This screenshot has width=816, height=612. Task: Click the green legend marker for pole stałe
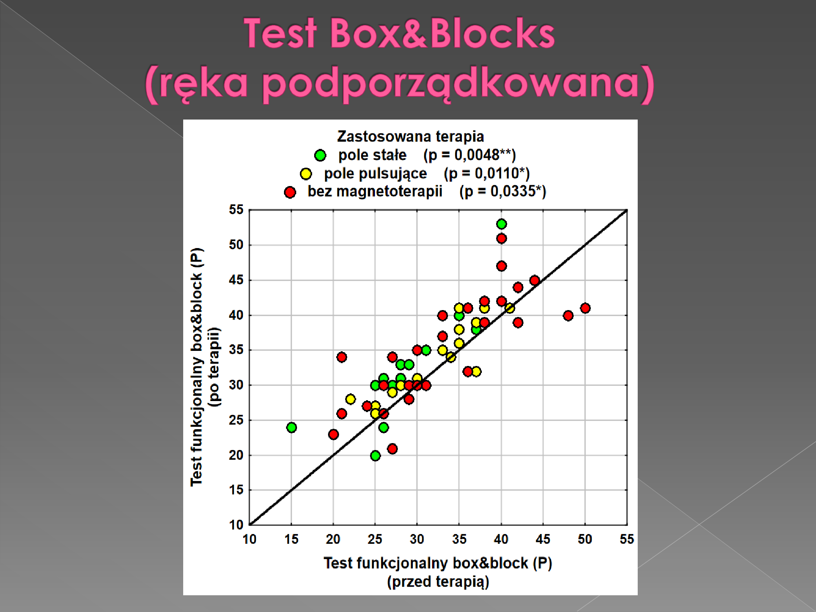click(320, 155)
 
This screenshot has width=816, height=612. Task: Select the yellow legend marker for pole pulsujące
click(306, 174)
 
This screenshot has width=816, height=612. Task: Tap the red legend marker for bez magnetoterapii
click(290, 192)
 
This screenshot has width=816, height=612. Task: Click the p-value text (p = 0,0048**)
click(470, 155)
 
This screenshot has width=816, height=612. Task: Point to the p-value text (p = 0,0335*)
click(503, 191)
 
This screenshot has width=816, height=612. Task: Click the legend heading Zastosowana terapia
click(410, 136)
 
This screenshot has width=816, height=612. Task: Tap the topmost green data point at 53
click(501, 224)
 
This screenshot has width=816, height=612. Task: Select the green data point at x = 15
click(291, 428)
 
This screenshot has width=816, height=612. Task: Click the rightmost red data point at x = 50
click(585, 308)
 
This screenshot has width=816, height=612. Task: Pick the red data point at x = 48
click(568, 315)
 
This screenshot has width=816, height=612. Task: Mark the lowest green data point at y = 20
click(375, 455)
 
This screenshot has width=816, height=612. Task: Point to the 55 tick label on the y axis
click(236, 210)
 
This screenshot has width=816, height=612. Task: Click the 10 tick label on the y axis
click(236, 525)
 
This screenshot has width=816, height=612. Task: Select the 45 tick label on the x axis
click(543, 539)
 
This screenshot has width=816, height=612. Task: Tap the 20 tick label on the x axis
click(333, 539)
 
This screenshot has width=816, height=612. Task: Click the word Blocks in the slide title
click(492, 33)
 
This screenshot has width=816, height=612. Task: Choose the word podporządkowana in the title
click(450, 82)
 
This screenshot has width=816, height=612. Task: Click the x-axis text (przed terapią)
click(438, 582)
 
